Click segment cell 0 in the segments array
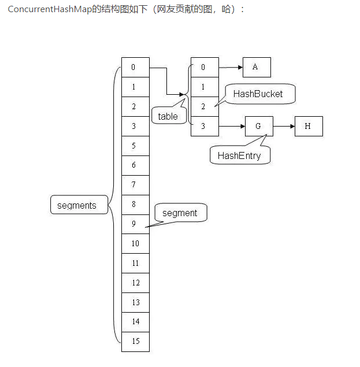click(135, 68)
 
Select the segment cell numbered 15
click(135, 341)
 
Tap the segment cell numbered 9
click(135, 224)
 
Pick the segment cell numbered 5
click(135, 146)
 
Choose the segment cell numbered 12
click(135, 283)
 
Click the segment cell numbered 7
click(135, 185)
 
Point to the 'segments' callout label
click(77, 205)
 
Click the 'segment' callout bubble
click(180, 213)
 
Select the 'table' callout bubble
click(168, 116)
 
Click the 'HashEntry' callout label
click(239, 155)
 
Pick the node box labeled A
click(256, 67)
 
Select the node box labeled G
click(258, 126)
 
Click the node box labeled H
click(308, 126)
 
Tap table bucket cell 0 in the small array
click(205, 68)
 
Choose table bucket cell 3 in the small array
click(205, 126)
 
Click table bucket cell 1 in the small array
click(205, 87)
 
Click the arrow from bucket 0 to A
click(231, 67)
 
